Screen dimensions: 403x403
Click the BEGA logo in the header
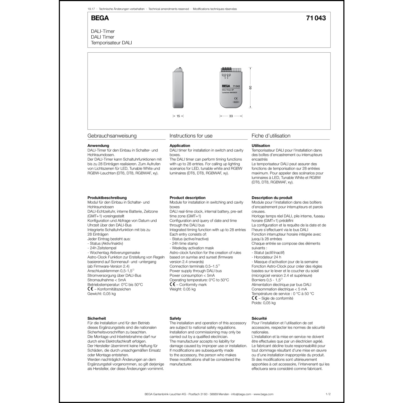pos(100,18)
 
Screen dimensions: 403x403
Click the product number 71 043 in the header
pos(316,18)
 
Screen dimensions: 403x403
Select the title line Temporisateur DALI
pos(111,43)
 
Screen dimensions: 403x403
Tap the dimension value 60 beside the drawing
pos(251,88)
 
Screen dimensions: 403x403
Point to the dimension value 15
pos(178,116)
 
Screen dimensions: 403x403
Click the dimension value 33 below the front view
pos(231,116)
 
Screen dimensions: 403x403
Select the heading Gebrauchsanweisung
pos(112,136)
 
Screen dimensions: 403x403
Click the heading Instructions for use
pos(191,136)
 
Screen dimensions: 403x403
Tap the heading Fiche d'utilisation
pos(271,136)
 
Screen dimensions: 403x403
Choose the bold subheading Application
pos(180,146)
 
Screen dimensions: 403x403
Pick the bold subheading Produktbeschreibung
pos(107,198)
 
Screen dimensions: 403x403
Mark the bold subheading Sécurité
pos(259,318)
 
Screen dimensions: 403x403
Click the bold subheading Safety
pos(175,318)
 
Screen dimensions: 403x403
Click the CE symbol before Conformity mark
pos(172,285)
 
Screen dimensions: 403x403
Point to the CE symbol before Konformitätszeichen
pos(90,289)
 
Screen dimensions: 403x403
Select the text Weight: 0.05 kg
pos(182,289)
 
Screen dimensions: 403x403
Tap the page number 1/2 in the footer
pos(328,394)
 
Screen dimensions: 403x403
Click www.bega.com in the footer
pos(263,394)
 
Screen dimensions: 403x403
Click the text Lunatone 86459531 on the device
pos(229,92)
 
